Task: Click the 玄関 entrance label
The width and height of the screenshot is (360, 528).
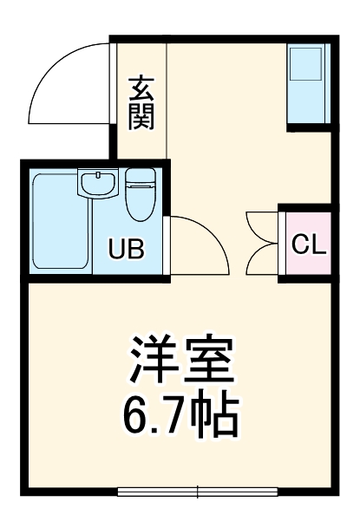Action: (141, 102)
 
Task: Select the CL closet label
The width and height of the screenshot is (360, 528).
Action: (308, 244)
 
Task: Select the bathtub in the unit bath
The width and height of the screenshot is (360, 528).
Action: (56, 223)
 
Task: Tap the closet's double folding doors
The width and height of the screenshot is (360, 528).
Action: (263, 244)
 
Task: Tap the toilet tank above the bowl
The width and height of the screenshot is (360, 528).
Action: (139, 179)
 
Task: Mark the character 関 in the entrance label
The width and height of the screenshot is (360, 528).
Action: (141, 116)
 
